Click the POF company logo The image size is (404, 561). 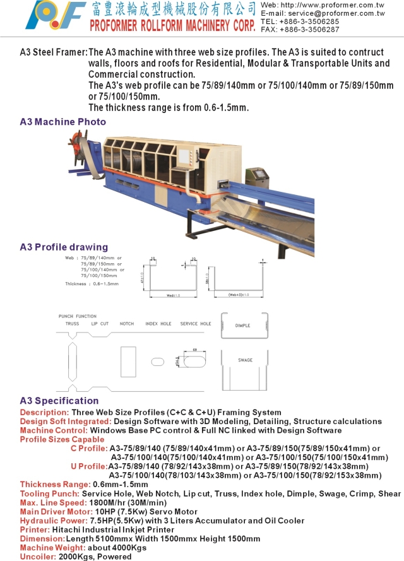[56, 16]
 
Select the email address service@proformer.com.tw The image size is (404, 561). [345, 13]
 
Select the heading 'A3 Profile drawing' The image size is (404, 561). [64, 247]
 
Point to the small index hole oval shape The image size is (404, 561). [157, 363]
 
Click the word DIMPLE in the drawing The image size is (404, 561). [242, 326]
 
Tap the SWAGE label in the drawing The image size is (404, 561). [245, 360]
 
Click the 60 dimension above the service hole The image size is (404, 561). [196, 348]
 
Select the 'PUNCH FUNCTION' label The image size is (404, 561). [77, 316]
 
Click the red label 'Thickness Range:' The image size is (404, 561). [54, 484]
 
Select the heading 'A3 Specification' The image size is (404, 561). [59, 401]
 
